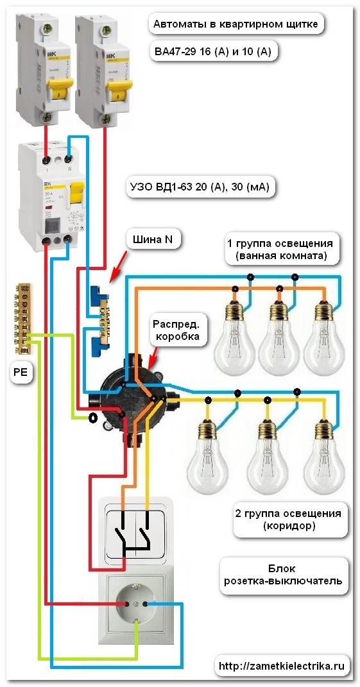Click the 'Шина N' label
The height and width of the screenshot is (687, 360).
point(152,239)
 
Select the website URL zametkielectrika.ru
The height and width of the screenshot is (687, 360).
point(285,666)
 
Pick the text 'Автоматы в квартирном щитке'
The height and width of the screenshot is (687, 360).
point(236,24)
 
